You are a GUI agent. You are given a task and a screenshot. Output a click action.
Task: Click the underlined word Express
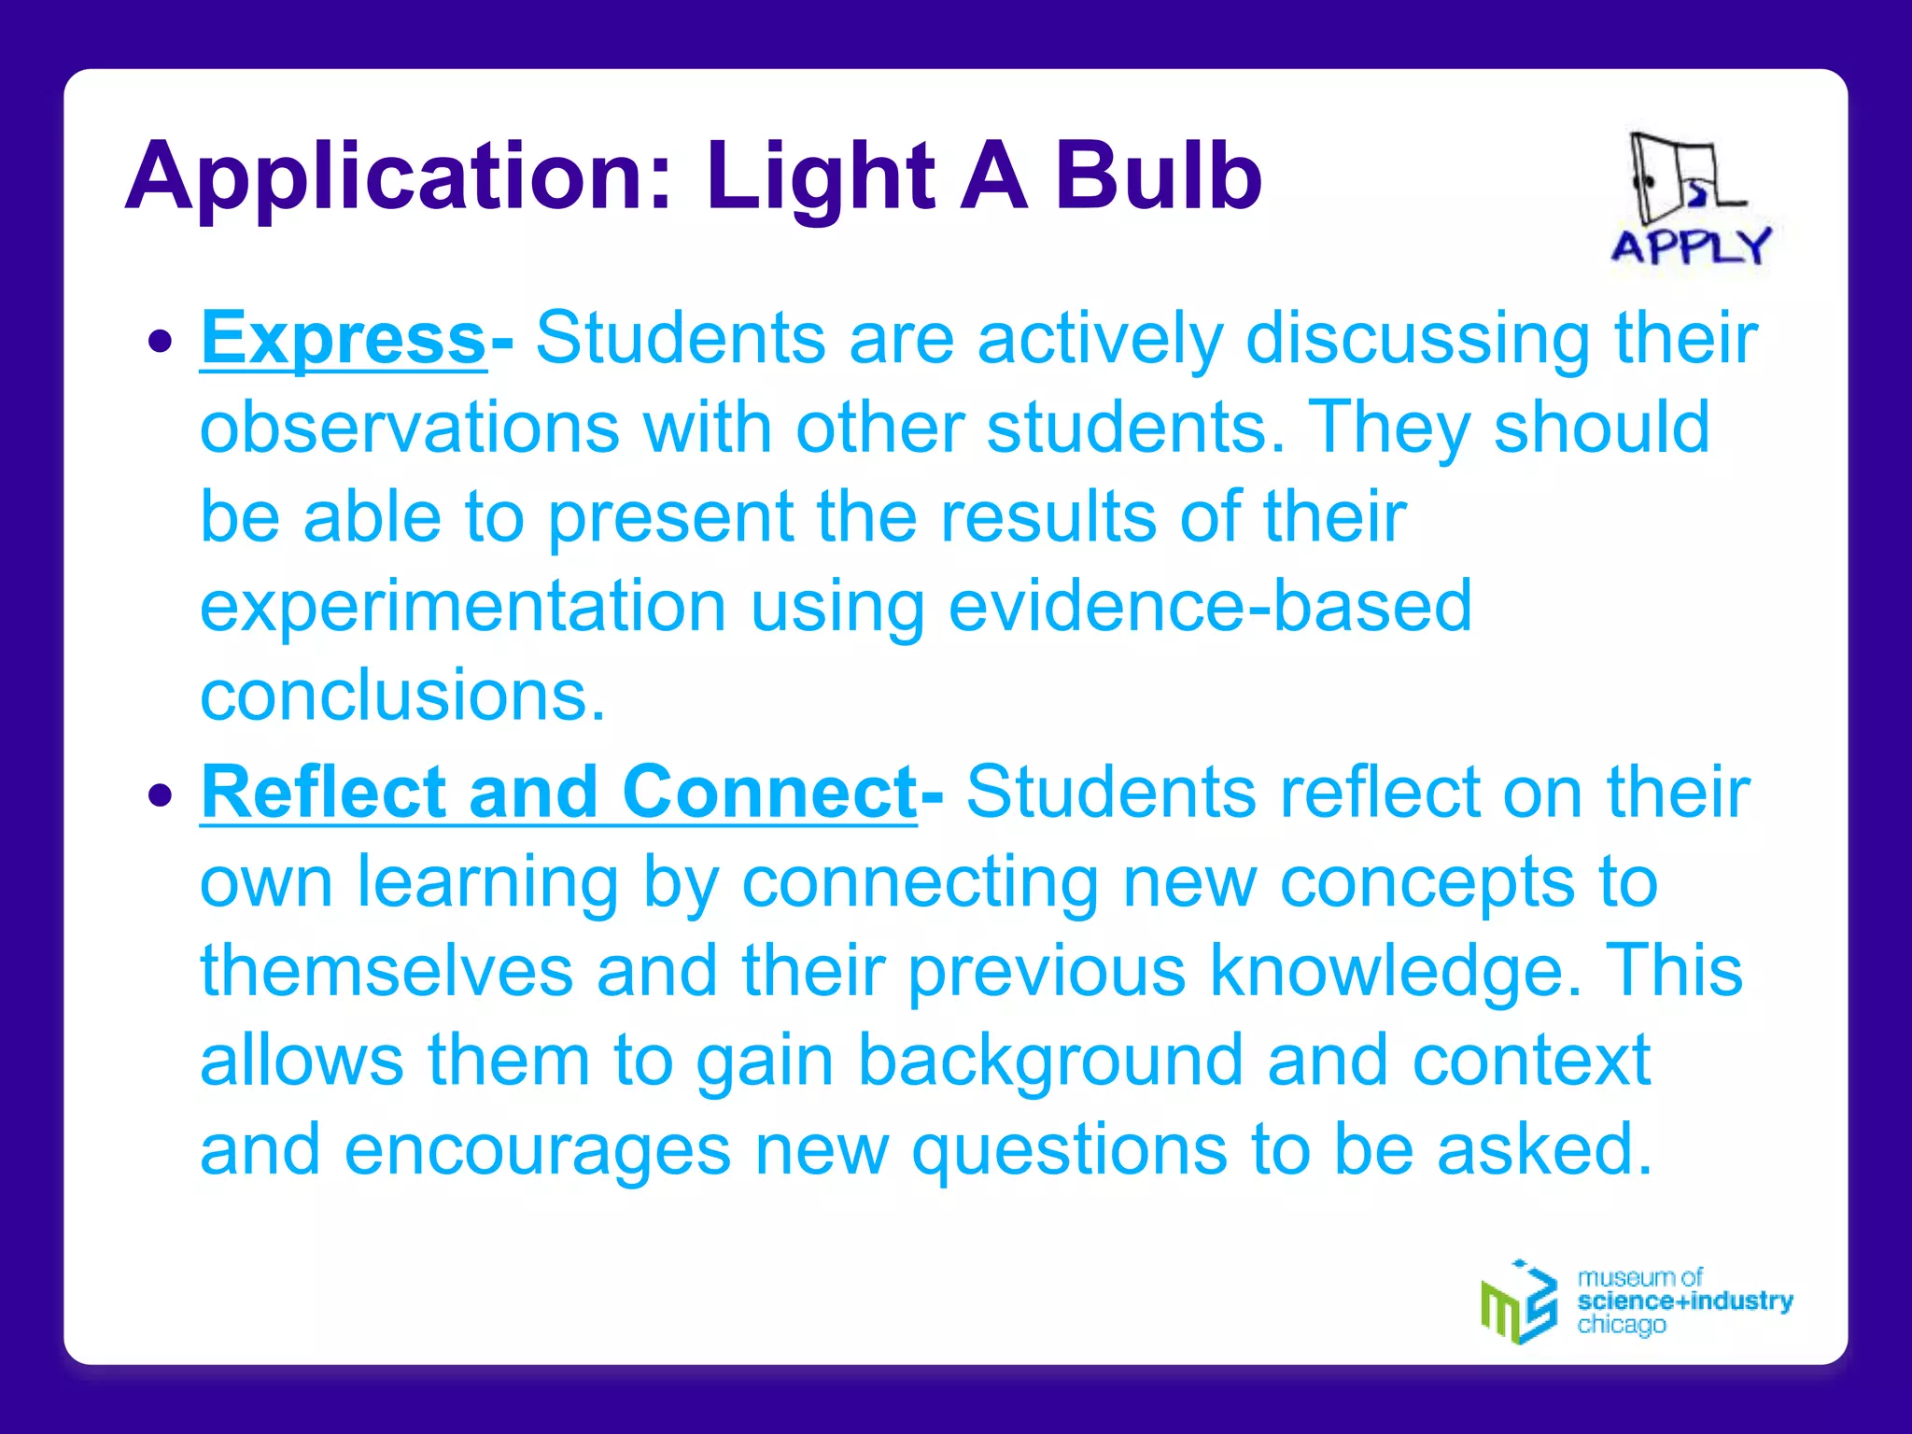[343, 338]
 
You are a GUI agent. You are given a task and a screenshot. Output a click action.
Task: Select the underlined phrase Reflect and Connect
[558, 793]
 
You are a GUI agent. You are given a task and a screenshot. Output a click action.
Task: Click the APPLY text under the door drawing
[1691, 247]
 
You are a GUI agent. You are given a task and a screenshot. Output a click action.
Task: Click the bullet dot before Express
[161, 341]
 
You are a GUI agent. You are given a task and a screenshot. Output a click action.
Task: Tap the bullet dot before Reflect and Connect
[161, 795]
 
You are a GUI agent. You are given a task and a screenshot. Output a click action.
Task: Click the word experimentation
[463, 607]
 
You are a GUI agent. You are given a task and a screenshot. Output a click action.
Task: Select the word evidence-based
[1210, 607]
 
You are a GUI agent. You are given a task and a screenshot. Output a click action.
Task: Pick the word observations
[409, 428]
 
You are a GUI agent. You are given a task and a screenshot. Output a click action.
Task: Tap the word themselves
[387, 971]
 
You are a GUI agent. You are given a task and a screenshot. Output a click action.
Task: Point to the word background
[1050, 1061]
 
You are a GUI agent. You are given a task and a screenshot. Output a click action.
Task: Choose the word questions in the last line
[1069, 1150]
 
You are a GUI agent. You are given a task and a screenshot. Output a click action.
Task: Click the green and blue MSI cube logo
[1519, 1303]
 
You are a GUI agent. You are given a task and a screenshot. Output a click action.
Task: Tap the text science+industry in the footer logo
[1684, 1300]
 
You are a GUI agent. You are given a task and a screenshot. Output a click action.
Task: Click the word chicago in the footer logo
[1621, 1325]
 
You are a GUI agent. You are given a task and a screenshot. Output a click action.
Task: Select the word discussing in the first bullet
[1417, 338]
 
